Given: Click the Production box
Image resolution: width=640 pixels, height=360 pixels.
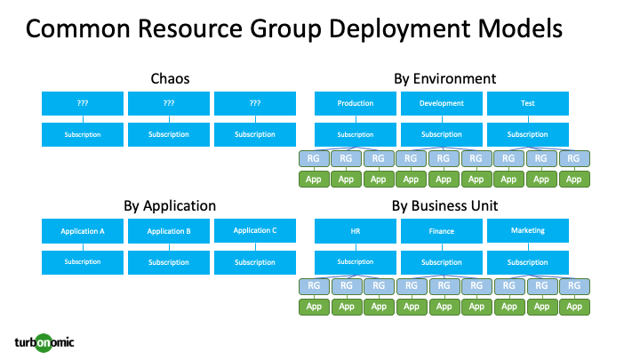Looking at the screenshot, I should (x=355, y=103).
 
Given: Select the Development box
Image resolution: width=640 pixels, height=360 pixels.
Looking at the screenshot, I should (x=441, y=103).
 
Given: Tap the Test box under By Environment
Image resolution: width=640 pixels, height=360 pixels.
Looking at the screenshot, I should (x=527, y=103).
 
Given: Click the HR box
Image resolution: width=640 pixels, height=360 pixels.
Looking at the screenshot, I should (x=355, y=231).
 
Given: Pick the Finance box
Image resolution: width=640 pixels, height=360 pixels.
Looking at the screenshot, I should (x=441, y=231).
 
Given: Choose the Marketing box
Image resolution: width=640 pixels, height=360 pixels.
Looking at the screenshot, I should (x=527, y=231).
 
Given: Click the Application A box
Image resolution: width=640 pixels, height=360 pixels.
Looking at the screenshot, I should (x=83, y=231).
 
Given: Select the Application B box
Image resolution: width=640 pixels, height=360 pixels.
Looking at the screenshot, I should (x=169, y=231).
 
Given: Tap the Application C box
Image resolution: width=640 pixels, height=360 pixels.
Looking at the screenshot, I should (x=255, y=231).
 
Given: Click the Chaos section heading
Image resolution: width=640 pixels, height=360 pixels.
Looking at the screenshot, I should (x=169, y=79).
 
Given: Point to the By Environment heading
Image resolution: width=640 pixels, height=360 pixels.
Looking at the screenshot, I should (x=444, y=79).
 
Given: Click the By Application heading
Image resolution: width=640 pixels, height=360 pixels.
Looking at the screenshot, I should (x=169, y=206).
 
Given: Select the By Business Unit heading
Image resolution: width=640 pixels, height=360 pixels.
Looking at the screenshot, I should (x=444, y=206).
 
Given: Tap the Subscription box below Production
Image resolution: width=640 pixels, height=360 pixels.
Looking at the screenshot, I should (x=355, y=135).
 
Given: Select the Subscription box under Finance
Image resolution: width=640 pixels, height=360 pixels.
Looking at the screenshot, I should (x=441, y=262).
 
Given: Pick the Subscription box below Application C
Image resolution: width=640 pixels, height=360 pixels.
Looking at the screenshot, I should (x=255, y=262).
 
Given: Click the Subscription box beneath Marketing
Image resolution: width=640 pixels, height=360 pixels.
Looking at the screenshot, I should (x=527, y=262).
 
